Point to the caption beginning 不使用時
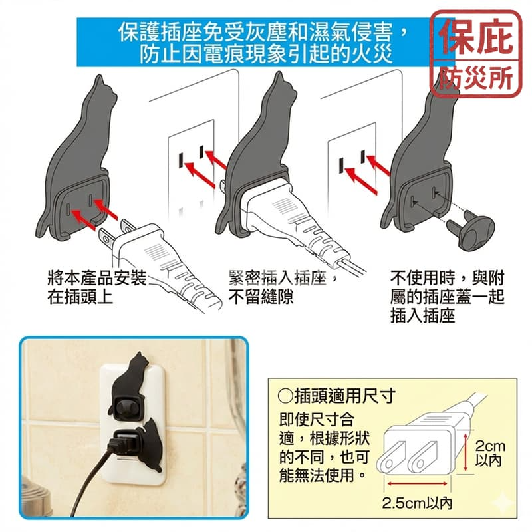pyautogui.click(x=446, y=297)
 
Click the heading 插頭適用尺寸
pyautogui.click(x=336, y=397)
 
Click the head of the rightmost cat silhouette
pyautogui.click(x=444, y=93)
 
